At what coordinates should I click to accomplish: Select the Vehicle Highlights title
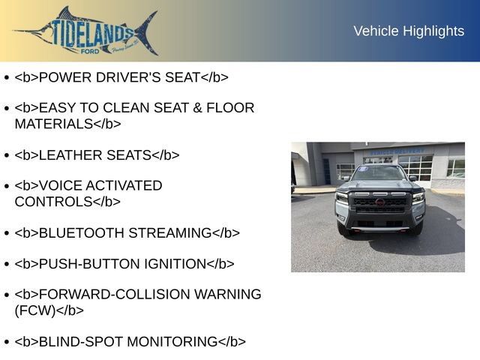(x=409, y=31)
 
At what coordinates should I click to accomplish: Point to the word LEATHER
(x=72, y=155)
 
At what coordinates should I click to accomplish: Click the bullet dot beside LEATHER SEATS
(x=7, y=155)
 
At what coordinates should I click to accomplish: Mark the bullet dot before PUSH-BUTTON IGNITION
(x=7, y=264)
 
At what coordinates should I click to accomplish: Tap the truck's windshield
(x=379, y=174)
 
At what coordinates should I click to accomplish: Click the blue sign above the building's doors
(x=397, y=151)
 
